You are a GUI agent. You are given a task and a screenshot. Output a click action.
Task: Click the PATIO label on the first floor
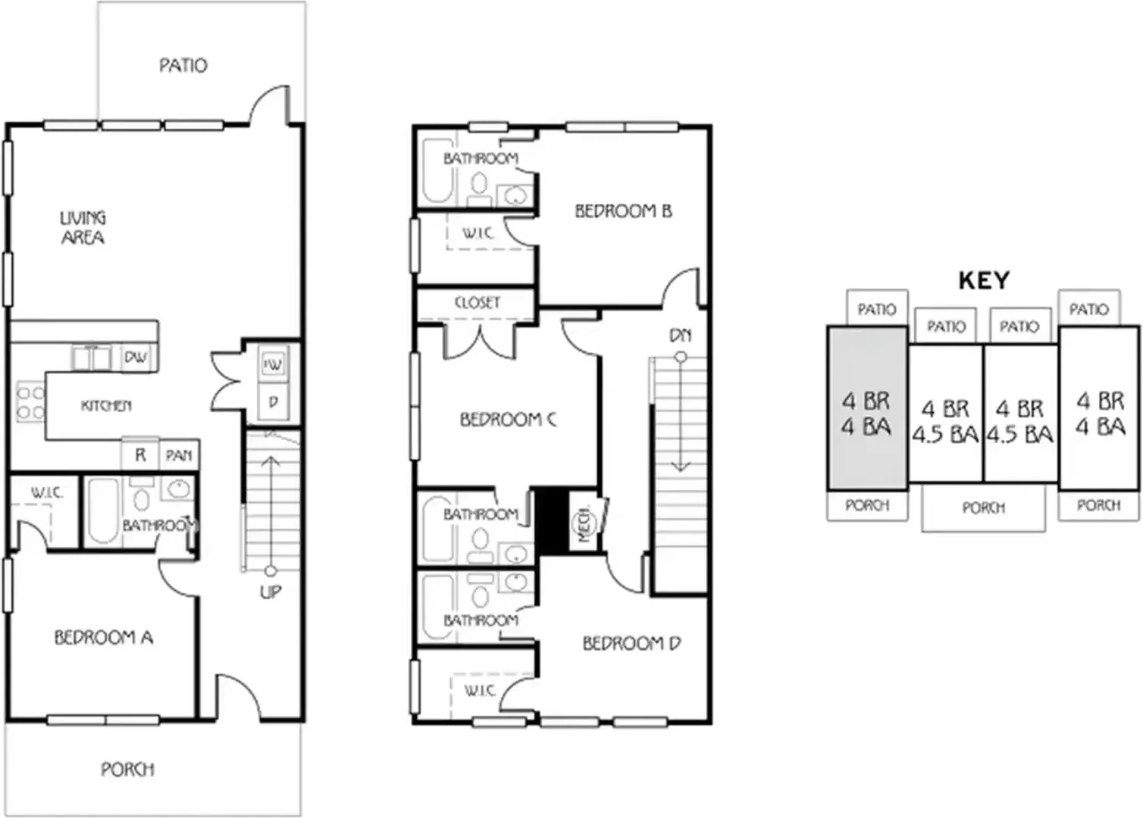[x=183, y=65]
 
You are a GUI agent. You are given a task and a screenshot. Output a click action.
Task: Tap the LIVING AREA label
[x=83, y=227]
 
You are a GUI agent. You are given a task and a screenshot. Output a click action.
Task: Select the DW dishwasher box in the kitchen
[x=136, y=357]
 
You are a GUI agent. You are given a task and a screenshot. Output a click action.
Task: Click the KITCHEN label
[x=106, y=406]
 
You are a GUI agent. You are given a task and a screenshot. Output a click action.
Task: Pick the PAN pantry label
[x=179, y=455]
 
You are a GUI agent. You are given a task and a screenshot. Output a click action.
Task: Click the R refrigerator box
[x=140, y=454]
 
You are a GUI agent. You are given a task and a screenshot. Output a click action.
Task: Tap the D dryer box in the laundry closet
[x=274, y=402]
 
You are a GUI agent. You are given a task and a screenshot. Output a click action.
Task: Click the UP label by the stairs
[x=271, y=592]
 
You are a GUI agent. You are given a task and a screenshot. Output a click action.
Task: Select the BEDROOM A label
[x=104, y=638]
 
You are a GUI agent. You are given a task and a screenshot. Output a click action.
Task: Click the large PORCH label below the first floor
[x=127, y=770]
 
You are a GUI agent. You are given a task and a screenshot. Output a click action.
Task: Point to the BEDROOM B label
[x=624, y=211]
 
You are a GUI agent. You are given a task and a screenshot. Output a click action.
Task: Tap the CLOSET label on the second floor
[x=477, y=303]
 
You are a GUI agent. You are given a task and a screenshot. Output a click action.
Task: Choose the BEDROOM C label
[x=509, y=420]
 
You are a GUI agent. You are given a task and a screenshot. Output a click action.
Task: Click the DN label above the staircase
[x=680, y=336]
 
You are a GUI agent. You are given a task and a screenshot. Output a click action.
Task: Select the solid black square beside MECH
[x=551, y=521]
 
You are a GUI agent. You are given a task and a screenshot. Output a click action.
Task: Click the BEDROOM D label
[x=631, y=644]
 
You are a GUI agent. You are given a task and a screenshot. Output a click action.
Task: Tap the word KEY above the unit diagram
[x=985, y=280]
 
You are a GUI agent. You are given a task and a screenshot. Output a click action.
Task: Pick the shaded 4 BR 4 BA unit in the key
[x=867, y=408]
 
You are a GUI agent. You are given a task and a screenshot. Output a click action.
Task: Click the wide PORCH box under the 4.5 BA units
[x=983, y=507]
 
